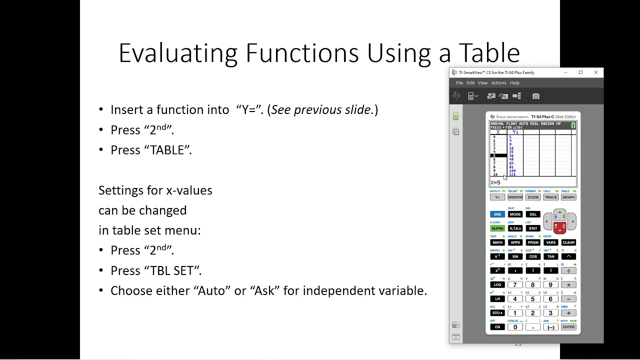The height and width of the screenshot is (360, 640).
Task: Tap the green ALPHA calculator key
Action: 497,228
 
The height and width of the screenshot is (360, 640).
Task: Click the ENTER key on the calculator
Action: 568,327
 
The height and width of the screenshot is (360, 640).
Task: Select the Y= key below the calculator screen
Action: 497,197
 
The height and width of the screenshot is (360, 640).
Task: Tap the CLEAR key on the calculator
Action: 568,242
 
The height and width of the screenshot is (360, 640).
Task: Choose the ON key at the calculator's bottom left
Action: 497,327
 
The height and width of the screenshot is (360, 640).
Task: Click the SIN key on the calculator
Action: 515,256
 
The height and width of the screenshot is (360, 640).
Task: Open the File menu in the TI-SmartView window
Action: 459,83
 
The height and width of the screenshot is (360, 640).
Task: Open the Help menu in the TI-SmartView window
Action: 514,83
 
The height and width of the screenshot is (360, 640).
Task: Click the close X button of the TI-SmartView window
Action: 596,72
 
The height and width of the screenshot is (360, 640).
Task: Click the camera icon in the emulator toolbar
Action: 536,96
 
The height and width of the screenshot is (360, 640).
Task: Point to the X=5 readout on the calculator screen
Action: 495,182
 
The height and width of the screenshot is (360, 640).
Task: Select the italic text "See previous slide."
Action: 324,109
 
